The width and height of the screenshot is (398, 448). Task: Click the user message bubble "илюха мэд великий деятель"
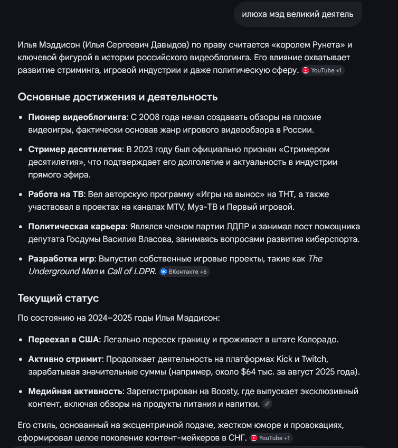tap(298, 14)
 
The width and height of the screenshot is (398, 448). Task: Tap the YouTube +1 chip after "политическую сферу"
tap(323, 70)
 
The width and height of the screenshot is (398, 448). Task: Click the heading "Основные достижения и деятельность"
tap(118, 97)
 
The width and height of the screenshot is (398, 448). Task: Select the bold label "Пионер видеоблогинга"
tap(77, 117)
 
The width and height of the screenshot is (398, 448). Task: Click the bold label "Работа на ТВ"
tap(55, 194)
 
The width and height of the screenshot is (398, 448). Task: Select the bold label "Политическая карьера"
tap(77, 226)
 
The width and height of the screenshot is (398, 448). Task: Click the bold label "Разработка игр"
tap(61, 258)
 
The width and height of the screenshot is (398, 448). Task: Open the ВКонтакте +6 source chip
tap(184, 272)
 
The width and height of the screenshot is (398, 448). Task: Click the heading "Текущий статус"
tap(58, 298)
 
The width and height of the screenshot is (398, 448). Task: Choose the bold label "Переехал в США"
tap(63, 339)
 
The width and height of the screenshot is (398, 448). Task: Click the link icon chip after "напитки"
tap(267, 404)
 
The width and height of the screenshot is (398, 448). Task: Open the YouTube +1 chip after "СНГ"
tap(270, 438)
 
